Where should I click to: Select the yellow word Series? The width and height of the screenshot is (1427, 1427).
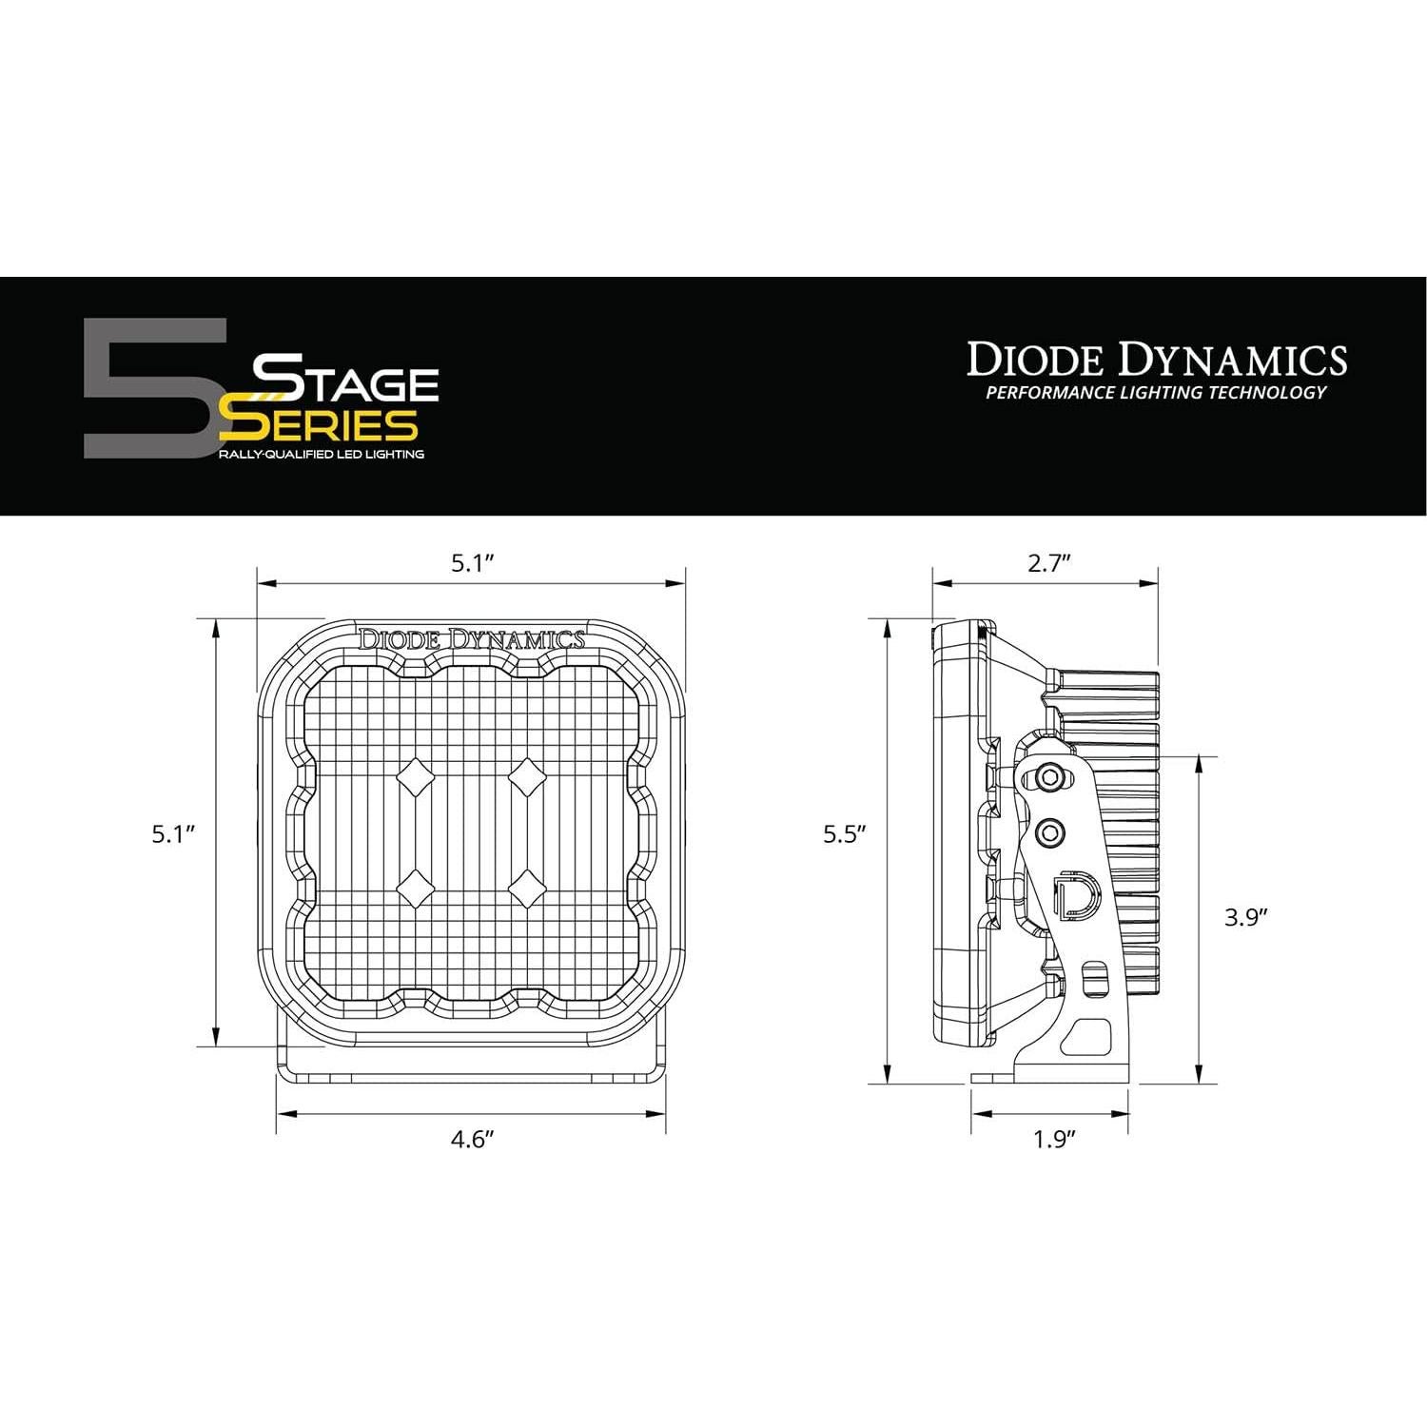click(x=318, y=424)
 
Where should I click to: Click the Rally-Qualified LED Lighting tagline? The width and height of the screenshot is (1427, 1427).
click(x=322, y=455)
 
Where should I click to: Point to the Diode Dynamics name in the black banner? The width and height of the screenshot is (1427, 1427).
click(x=1157, y=360)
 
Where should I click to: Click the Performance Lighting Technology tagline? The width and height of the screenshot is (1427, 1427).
click(x=1156, y=392)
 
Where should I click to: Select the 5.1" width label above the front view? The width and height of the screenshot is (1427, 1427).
click(x=473, y=563)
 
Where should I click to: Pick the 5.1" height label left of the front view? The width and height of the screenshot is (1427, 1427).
click(x=173, y=834)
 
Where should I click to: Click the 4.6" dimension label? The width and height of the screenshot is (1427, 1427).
click(x=473, y=1139)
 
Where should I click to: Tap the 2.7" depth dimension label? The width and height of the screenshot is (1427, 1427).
click(x=1049, y=563)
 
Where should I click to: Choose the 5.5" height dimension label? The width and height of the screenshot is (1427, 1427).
click(x=845, y=834)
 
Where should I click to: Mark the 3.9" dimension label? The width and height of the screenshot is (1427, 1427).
click(x=1247, y=917)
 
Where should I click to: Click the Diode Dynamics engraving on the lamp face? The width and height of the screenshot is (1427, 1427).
click(x=471, y=639)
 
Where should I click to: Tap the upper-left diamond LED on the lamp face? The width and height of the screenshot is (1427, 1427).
click(x=416, y=778)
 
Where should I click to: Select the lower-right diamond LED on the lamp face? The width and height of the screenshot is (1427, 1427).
click(x=526, y=890)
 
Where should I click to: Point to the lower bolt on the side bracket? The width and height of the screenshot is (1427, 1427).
click(x=1050, y=833)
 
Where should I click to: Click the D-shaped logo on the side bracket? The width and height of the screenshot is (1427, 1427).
click(x=1078, y=894)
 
